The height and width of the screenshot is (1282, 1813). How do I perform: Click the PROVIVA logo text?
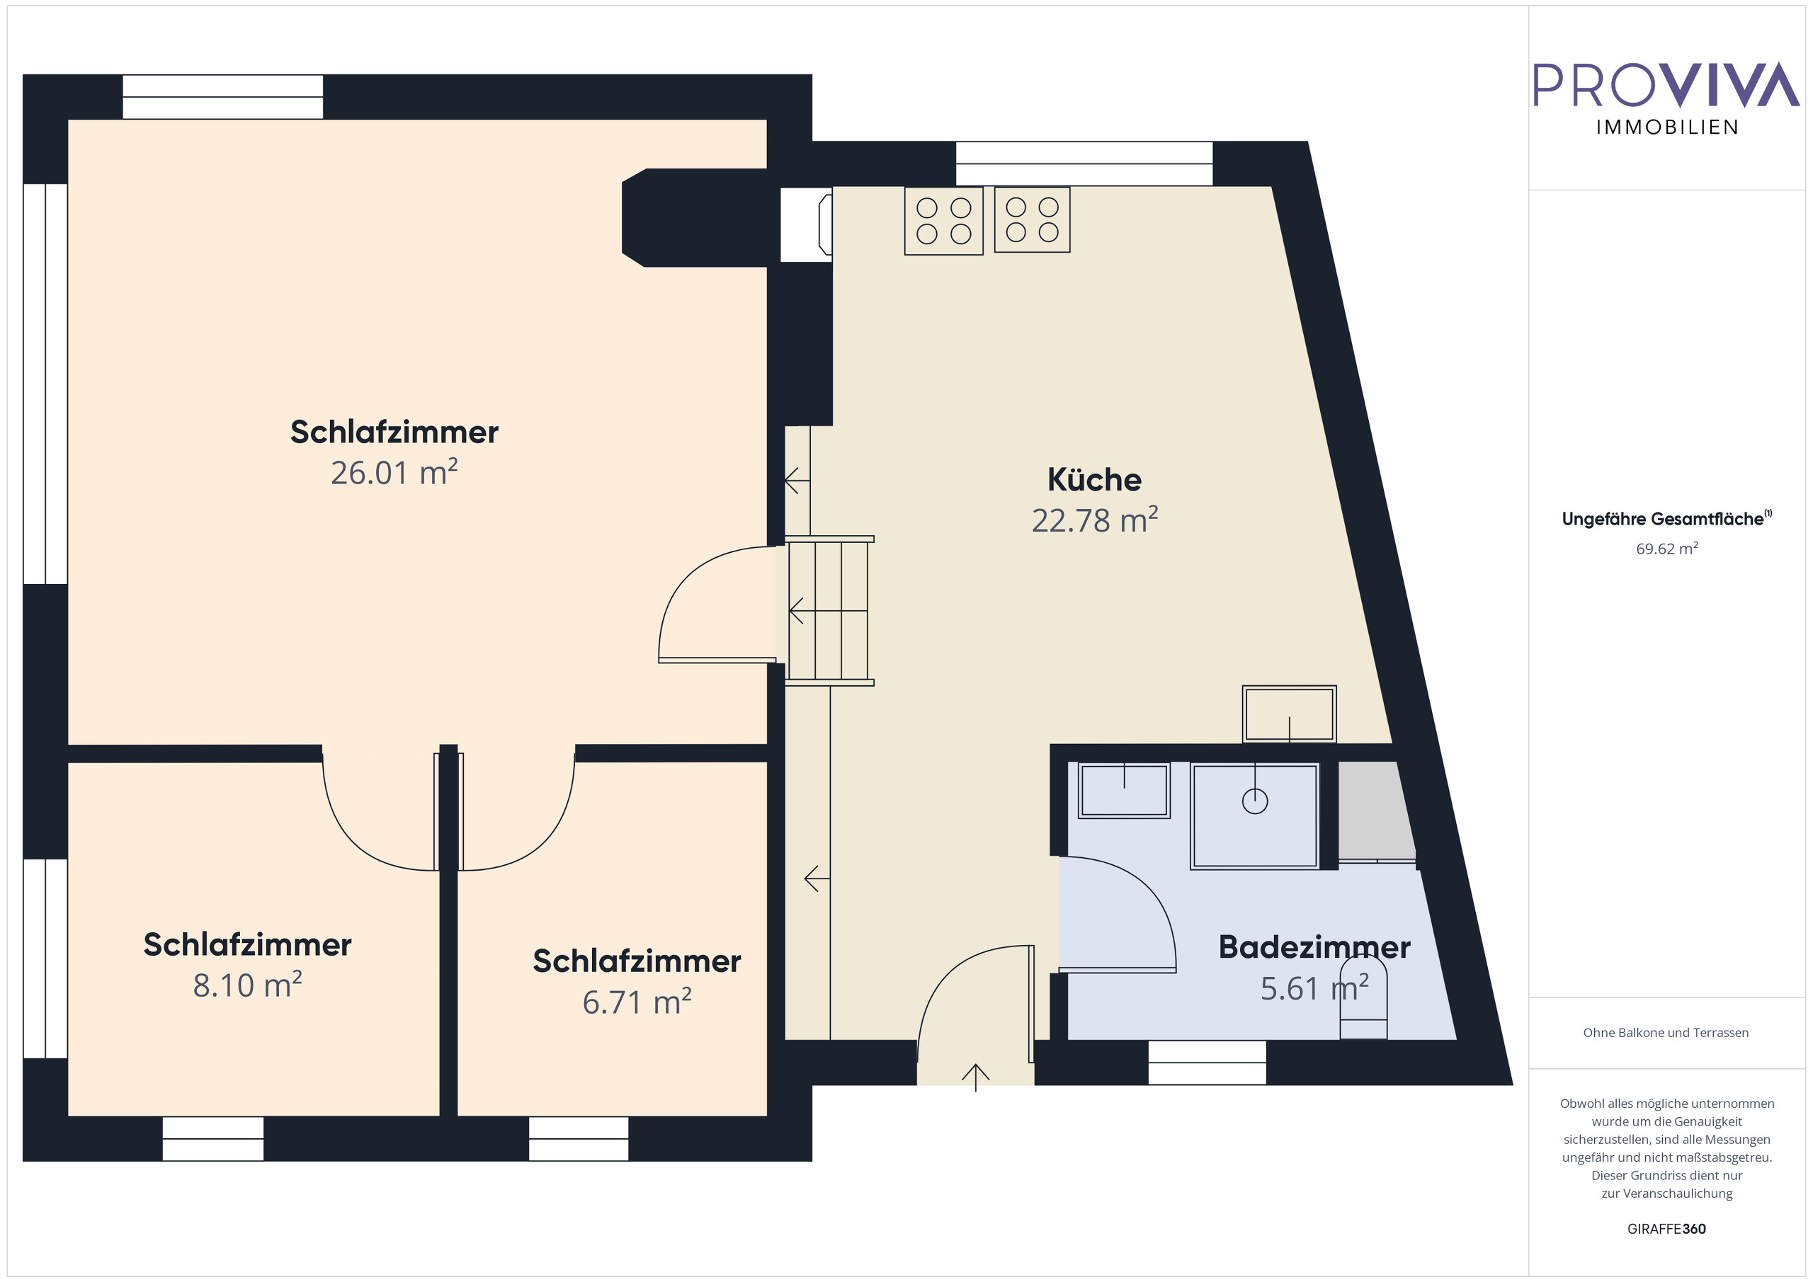coord(1666,84)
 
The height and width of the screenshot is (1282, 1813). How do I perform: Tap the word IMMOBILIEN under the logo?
coord(1667,128)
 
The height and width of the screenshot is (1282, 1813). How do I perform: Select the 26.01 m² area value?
coord(393,473)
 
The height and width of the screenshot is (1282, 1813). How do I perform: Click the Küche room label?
coord(1093,480)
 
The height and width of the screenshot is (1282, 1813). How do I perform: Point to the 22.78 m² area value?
coord(1093,521)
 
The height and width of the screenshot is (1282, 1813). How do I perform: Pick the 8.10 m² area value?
coord(247,985)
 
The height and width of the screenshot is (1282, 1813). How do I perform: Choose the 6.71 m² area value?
coord(637,1002)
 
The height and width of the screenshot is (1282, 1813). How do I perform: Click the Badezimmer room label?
coord(1314,947)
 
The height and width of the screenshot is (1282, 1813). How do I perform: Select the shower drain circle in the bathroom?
coord(1255,801)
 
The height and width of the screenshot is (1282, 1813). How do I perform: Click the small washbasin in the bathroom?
coord(1124,790)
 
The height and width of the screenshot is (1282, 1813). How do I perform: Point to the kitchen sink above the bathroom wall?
coord(1289,714)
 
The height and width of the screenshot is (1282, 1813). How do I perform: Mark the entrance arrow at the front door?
coord(975,1077)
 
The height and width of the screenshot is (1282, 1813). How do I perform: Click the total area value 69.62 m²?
coord(1666,549)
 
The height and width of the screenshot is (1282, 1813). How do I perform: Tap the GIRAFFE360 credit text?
coord(1666,1229)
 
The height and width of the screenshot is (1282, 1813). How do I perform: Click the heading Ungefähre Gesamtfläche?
coord(1662,520)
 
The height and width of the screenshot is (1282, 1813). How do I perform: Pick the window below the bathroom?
coord(1207,1063)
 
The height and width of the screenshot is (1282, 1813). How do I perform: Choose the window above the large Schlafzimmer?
coord(222,97)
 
